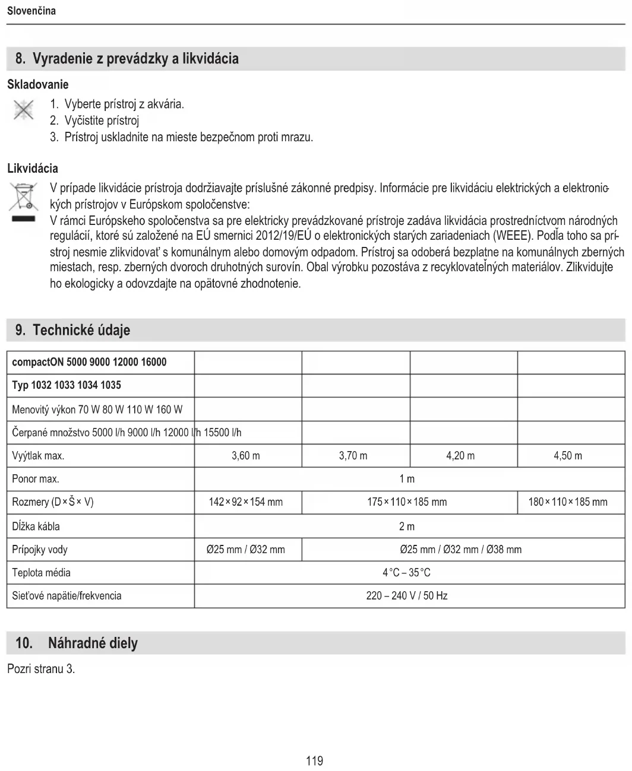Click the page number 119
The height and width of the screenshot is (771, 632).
click(x=314, y=760)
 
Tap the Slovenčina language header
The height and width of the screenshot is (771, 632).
click(x=31, y=11)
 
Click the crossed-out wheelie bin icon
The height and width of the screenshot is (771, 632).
click(x=23, y=197)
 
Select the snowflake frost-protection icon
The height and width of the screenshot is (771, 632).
click(x=23, y=110)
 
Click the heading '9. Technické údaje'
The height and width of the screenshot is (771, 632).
click(x=73, y=330)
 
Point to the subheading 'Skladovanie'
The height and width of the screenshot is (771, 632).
click(x=38, y=84)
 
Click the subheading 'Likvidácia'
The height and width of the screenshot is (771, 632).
click(x=33, y=168)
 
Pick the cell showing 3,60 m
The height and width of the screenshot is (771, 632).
click(x=246, y=456)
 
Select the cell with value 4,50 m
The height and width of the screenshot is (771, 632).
click(x=568, y=456)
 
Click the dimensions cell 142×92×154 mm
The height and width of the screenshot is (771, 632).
click(x=246, y=502)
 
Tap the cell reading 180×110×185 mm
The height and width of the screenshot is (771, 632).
click(x=568, y=502)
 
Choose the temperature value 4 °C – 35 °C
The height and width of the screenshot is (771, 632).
click(x=407, y=573)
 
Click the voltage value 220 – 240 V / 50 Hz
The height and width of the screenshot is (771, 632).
click(x=407, y=595)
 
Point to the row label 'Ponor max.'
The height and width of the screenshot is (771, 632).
click(x=36, y=479)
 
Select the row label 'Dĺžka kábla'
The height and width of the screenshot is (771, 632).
click(x=36, y=526)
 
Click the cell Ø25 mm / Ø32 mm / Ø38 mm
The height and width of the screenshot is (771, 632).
click(x=461, y=550)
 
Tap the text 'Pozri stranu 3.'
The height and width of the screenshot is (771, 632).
click(x=41, y=669)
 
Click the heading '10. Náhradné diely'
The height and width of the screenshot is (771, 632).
click(x=77, y=643)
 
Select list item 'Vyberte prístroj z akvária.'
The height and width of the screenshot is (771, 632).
click(x=124, y=104)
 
